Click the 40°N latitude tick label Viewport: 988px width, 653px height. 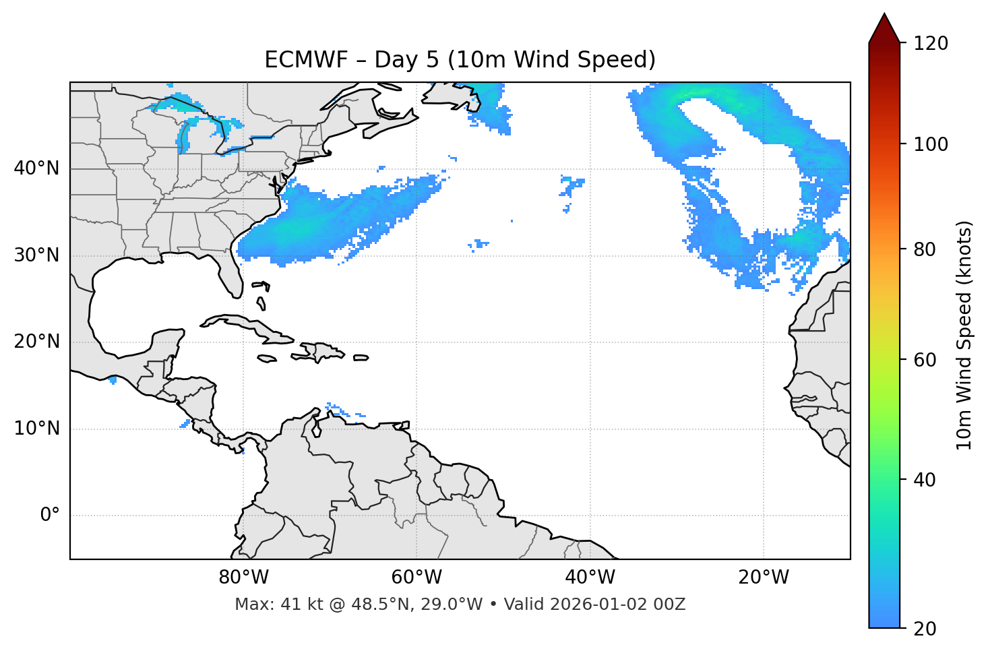(x=36, y=168)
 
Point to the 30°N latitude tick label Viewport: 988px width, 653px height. (x=36, y=255)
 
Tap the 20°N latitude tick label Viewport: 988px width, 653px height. (x=36, y=342)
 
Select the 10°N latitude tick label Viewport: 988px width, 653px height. (x=36, y=429)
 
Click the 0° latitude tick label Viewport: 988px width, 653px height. (x=49, y=516)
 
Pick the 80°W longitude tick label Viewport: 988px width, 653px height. (x=243, y=578)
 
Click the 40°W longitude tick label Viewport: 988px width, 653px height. (x=590, y=578)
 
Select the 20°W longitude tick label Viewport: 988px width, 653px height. (x=763, y=578)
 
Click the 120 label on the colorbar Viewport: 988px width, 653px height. (x=931, y=44)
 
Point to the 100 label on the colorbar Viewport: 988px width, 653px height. (x=931, y=144)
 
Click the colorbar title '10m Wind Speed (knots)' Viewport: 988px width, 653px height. (x=964, y=335)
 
